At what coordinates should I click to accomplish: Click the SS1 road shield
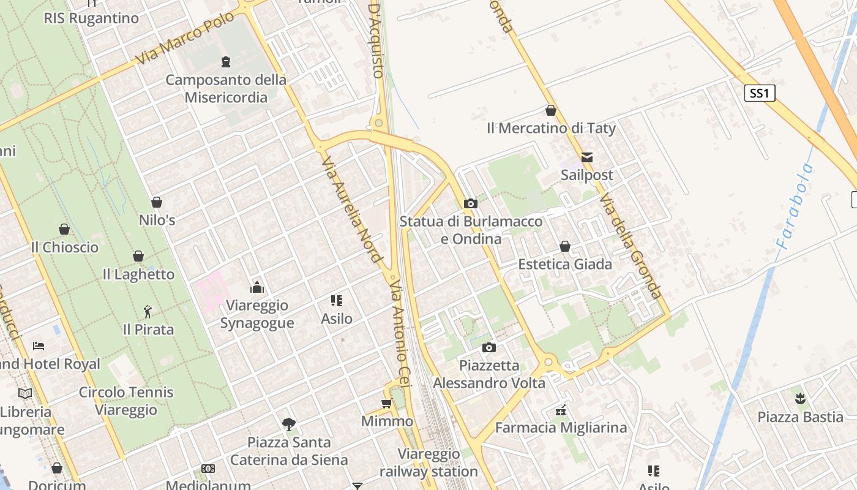click(x=760, y=93)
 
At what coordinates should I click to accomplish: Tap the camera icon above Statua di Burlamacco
click(x=470, y=203)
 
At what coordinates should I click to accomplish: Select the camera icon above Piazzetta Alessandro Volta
click(x=488, y=348)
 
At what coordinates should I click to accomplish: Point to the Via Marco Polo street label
click(x=185, y=38)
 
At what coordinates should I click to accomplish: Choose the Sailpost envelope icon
click(x=587, y=157)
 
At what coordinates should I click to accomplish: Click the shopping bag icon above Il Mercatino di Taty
click(x=550, y=110)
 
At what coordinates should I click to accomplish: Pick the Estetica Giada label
click(x=565, y=264)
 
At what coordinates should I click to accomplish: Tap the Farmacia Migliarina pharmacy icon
click(x=560, y=410)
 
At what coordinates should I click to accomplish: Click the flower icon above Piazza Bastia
click(x=799, y=399)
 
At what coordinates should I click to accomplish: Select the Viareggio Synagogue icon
click(x=257, y=287)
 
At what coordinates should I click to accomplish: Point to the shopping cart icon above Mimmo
click(x=386, y=403)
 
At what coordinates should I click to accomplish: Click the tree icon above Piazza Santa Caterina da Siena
click(x=289, y=424)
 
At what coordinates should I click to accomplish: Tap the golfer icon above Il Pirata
click(x=147, y=312)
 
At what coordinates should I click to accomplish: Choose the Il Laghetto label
click(x=138, y=274)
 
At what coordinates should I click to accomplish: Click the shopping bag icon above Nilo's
click(x=157, y=202)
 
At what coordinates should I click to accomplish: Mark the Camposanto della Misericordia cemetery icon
click(x=226, y=61)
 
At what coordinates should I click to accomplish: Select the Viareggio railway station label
click(x=428, y=462)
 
